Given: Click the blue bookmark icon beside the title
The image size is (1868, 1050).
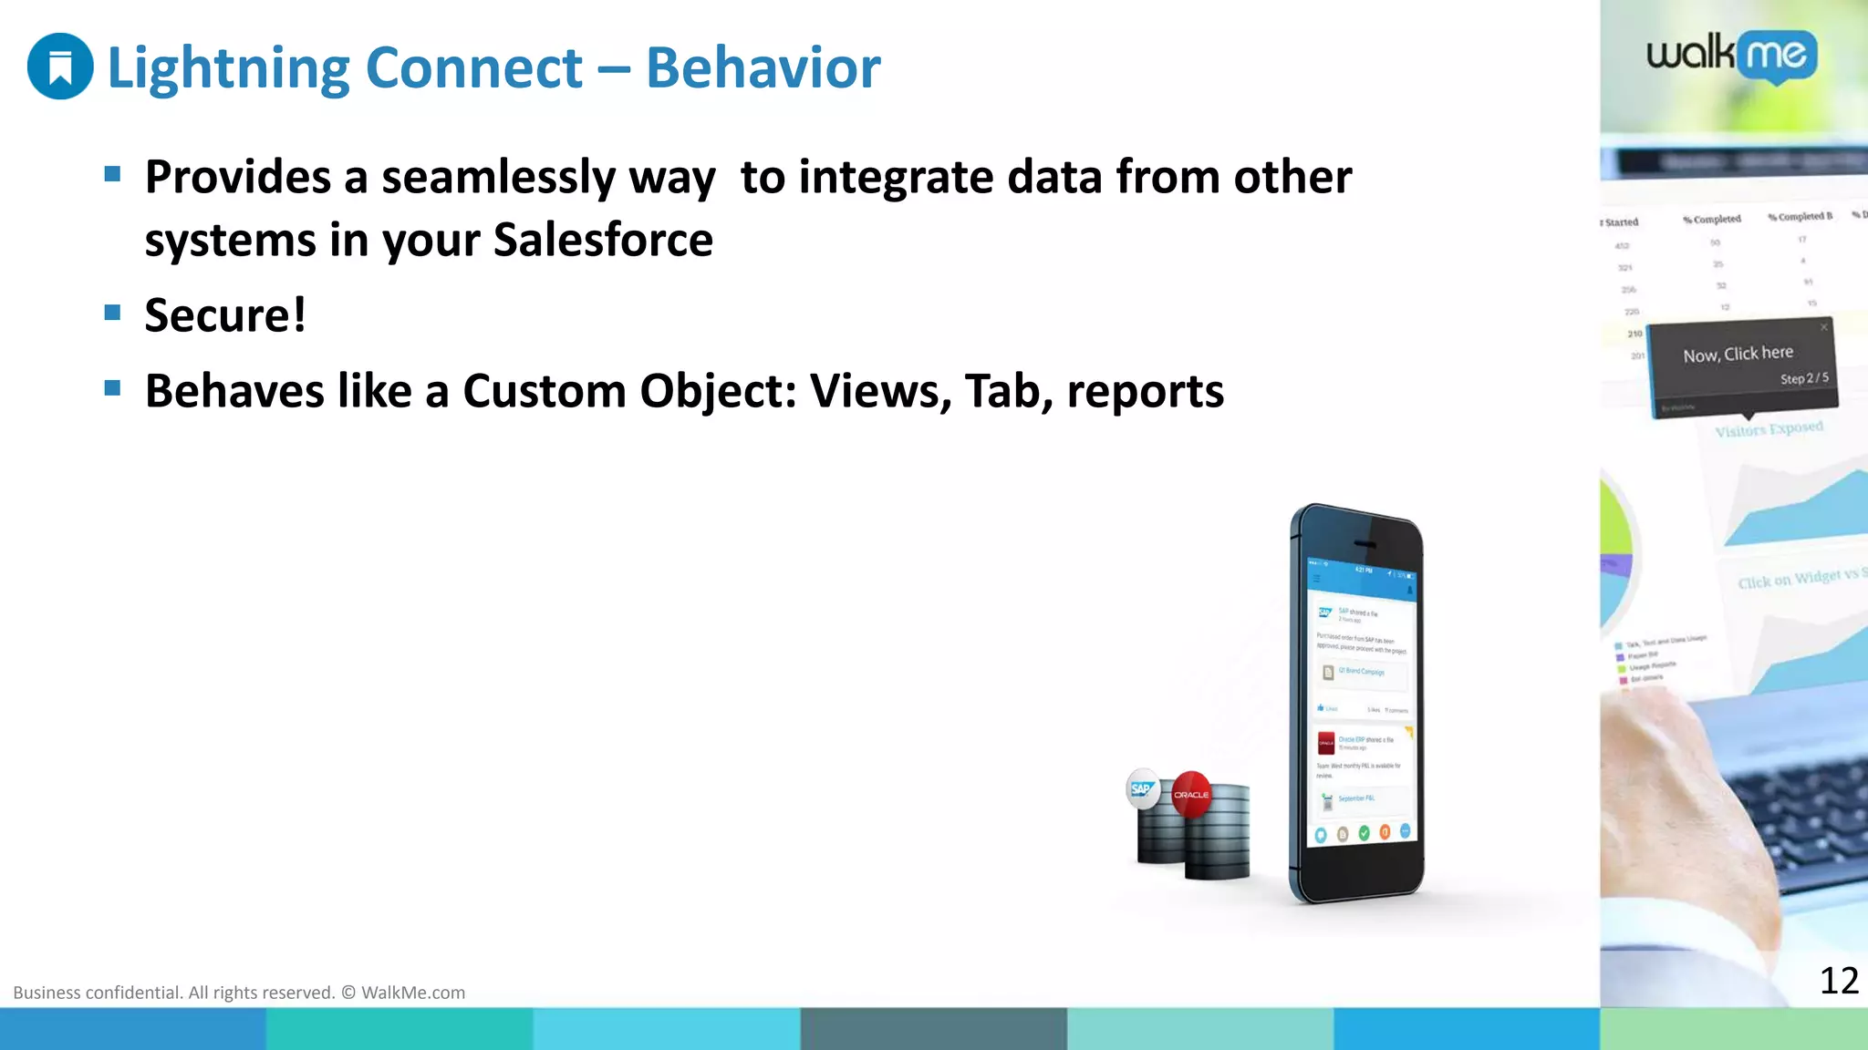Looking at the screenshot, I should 60,67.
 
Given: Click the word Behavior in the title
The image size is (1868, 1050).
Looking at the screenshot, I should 763,67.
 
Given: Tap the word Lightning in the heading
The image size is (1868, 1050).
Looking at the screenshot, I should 228,67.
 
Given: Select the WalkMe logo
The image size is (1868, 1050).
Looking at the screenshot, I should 1731,57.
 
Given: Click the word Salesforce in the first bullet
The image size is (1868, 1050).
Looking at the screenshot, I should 603,240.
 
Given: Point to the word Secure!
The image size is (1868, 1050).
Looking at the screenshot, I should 225,315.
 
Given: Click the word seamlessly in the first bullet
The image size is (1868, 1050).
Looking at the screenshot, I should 498,177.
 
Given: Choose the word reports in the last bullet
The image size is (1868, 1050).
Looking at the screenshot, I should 1145,391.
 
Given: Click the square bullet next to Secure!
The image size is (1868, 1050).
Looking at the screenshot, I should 113,314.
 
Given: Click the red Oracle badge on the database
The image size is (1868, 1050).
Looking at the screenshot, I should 1191,794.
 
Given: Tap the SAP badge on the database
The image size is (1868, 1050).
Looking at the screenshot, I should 1142,789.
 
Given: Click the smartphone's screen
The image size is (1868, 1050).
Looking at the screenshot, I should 1361,702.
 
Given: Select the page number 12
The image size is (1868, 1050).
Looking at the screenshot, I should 1838,981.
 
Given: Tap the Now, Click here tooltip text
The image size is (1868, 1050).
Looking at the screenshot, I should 1738,354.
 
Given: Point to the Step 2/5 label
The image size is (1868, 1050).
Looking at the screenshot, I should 1803,378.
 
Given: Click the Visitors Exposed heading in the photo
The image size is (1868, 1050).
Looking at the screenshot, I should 1769,429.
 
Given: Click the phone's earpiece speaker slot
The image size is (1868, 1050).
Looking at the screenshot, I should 1365,544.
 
